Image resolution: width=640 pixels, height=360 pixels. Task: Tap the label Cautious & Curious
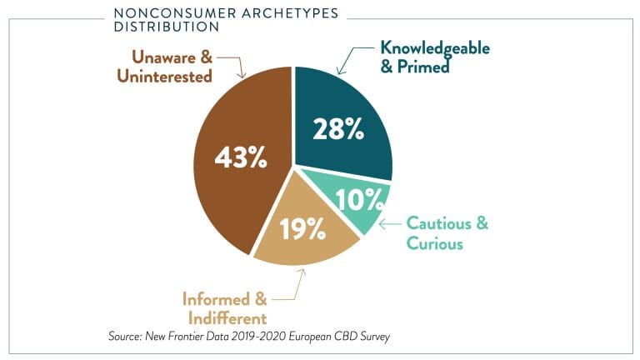pos(447,233)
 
